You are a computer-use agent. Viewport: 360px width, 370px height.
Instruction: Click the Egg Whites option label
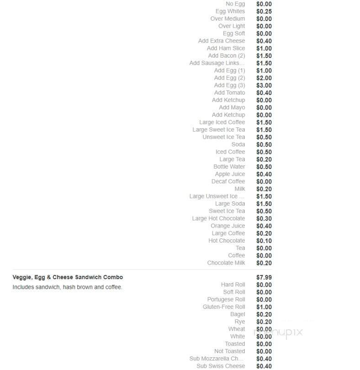tap(230, 11)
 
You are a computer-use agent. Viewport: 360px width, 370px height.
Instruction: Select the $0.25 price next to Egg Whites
tap(264, 11)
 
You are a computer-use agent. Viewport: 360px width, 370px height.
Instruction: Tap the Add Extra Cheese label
tap(222, 41)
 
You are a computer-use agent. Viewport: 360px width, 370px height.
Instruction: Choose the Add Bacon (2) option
tap(227, 56)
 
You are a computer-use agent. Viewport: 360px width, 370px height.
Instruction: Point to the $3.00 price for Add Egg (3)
tap(264, 85)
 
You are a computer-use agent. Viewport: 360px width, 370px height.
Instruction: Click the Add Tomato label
tap(229, 93)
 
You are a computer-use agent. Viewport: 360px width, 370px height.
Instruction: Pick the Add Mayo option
tap(232, 107)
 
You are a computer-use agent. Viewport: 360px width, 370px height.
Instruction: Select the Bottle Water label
tap(229, 167)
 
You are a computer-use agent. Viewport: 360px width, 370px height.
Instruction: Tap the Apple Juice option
tap(230, 174)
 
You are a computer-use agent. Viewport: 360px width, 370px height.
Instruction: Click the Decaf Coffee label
tap(228, 181)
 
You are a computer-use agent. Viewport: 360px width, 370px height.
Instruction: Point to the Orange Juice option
tap(228, 226)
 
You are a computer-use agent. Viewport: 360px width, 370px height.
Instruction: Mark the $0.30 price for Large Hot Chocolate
tap(264, 219)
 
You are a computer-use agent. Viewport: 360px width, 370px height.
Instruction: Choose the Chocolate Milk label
tap(226, 263)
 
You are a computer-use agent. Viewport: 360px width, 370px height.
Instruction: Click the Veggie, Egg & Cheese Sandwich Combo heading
tap(68, 277)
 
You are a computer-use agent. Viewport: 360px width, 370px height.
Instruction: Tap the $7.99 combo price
tap(264, 277)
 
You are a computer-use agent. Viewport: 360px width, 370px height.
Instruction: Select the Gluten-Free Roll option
tap(224, 307)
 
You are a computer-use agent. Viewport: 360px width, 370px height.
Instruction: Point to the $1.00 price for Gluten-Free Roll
tap(264, 307)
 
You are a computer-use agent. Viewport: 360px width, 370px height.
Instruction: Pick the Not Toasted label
tap(229, 351)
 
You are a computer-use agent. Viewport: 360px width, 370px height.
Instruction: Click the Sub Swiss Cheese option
tap(221, 366)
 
